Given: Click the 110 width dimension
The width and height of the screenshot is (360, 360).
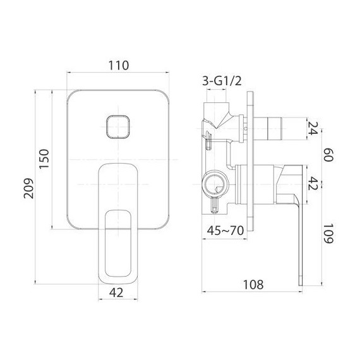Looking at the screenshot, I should click(118, 64).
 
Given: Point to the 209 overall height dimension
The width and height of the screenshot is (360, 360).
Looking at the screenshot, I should click(27, 186).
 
